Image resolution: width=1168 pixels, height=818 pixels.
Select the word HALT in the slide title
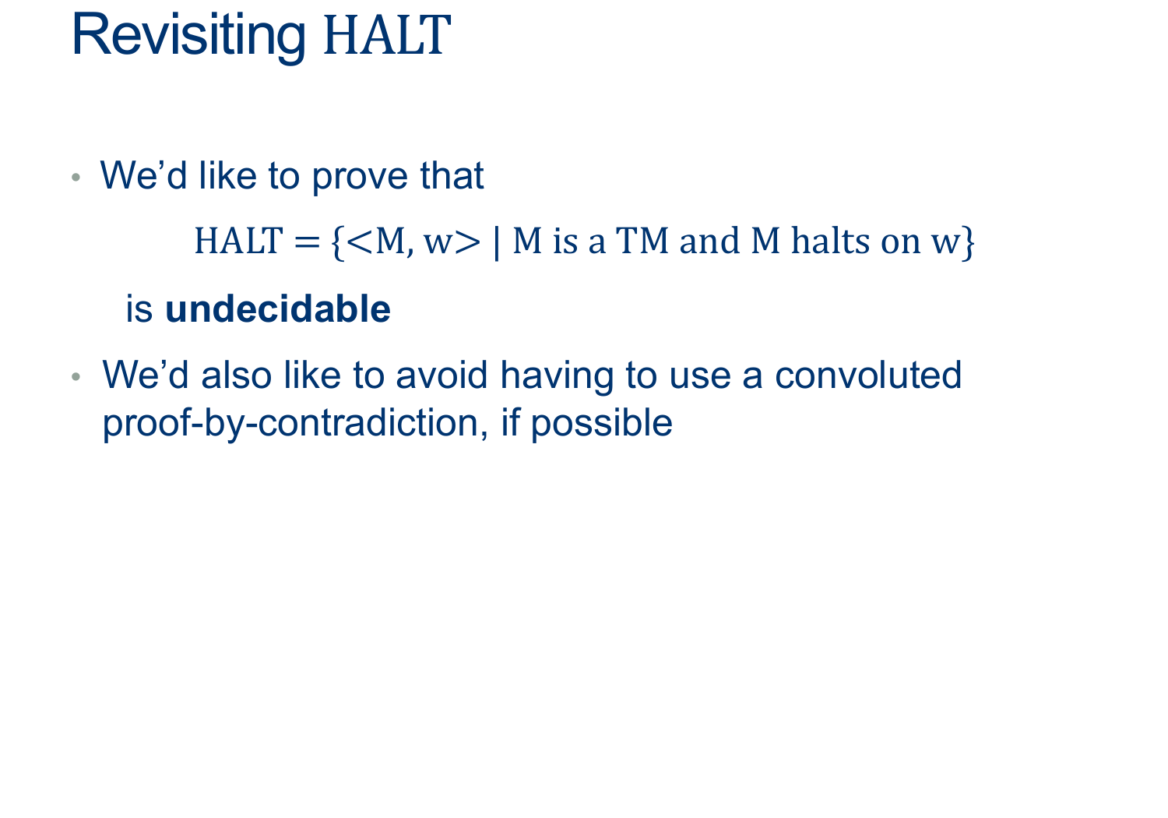coord(387,36)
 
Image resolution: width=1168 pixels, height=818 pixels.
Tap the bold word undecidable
coord(277,309)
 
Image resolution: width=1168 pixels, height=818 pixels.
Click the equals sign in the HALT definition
coord(307,242)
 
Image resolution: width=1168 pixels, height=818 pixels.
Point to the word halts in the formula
coord(830,241)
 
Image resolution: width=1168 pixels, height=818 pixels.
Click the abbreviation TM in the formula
coord(642,241)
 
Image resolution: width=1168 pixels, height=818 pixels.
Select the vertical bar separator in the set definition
coord(496,243)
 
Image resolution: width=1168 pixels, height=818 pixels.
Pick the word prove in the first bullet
coord(360,176)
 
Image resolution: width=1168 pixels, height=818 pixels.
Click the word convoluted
coord(868,375)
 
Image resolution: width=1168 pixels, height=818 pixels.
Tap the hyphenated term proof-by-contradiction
coord(295,424)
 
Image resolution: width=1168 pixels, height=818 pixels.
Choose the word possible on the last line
coord(602,424)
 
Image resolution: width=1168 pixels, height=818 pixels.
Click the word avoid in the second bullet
coord(442,375)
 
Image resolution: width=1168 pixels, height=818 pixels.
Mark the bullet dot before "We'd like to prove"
coord(76,178)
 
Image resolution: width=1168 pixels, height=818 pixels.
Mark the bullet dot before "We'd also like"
coord(76,376)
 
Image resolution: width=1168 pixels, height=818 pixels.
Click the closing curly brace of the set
coord(969,243)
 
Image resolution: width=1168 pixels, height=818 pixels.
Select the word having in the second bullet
coord(557,376)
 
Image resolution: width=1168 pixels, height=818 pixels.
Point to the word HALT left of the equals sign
coord(238,241)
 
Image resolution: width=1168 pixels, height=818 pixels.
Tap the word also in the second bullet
coord(236,375)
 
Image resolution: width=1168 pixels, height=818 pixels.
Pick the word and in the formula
coord(709,241)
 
